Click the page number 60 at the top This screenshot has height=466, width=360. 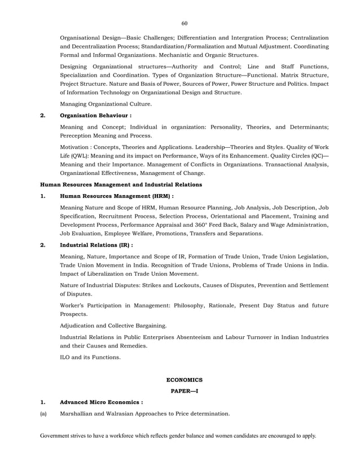pos(184,23)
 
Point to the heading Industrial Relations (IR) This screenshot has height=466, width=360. pos(96,245)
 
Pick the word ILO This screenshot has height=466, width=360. pos(66,357)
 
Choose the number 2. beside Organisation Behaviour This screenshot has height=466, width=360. pos(42,115)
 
